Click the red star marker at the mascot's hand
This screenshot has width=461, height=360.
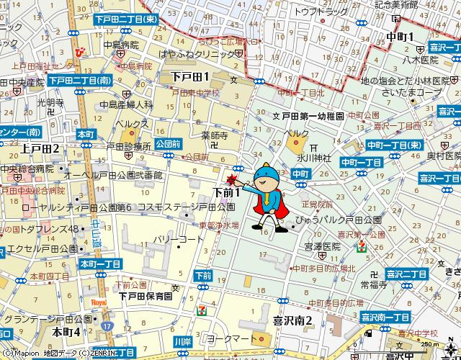click(232, 180)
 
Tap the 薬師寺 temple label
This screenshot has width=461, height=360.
click(215, 135)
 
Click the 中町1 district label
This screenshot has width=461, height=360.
click(399, 37)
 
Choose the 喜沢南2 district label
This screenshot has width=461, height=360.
click(291, 321)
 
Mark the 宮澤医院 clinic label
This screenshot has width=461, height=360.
click(321, 247)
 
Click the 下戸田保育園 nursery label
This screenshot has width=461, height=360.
click(146, 296)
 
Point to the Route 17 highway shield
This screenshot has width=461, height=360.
click(107, 327)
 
